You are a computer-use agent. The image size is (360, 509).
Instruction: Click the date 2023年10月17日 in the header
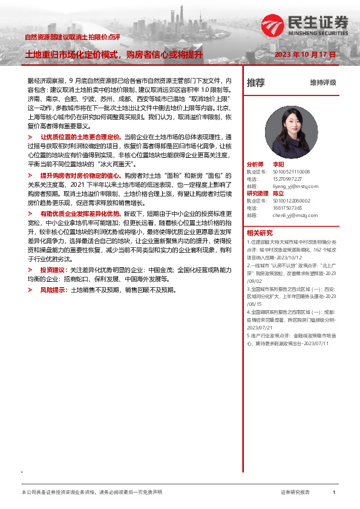[x=305, y=54]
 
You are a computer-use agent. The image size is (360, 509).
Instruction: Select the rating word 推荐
[x=256, y=82]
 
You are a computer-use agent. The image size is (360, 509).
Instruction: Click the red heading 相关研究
[x=260, y=233]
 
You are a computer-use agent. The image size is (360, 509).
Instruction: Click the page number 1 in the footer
[x=334, y=493]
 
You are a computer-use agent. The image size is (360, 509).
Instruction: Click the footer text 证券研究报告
[x=295, y=493]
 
